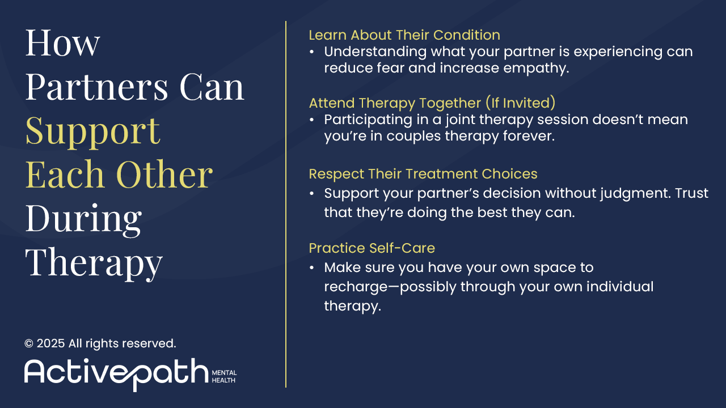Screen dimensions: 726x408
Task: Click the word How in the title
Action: pyautogui.click(x=62, y=43)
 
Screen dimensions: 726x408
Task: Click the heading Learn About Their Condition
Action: pyautogui.click(x=404, y=35)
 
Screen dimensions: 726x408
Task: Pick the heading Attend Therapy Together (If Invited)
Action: pyautogui.click(x=432, y=103)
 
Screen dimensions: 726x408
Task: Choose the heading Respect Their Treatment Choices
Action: pyautogui.click(x=423, y=174)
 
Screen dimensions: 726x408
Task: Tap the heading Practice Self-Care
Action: pyautogui.click(x=372, y=248)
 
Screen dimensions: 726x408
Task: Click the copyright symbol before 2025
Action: pyautogui.click(x=29, y=343)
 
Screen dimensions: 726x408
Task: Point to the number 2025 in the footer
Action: pyautogui.click(x=50, y=343)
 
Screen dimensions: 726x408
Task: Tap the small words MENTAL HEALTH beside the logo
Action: pyautogui.click(x=224, y=377)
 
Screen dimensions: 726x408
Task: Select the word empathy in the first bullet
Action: pyautogui.click(x=536, y=69)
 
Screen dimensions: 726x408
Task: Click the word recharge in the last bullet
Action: pyautogui.click(x=356, y=287)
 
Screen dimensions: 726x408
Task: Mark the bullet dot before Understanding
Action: pyautogui.click(x=312, y=52)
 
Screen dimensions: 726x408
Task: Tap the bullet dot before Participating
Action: pyautogui.click(x=312, y=120)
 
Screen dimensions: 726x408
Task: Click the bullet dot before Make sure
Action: pyautogui.click(x=312, y=268)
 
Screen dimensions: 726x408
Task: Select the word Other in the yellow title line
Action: pyautogui.click(x=164, y=174)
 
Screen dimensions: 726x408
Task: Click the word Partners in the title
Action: pyautogui.click(x=96, y=87)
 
